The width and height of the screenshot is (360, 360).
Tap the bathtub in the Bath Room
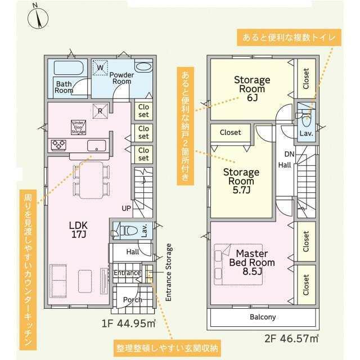69,67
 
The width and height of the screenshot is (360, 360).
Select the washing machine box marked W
100,67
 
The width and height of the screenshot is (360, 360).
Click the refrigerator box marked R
100,111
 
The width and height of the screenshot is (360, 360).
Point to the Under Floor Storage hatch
79,127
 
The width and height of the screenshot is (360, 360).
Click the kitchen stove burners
58,145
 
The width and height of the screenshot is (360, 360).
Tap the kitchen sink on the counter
96,146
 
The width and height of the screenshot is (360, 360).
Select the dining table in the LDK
91,180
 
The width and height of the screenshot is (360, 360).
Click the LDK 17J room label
79,229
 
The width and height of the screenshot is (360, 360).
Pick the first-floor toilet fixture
125,231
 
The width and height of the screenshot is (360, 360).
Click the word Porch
133,300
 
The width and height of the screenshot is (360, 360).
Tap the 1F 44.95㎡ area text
129,323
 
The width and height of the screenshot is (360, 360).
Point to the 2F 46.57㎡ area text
291,339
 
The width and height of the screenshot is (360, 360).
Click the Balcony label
263,317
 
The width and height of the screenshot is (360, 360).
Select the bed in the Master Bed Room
238,264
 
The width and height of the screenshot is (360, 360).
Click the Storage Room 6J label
252,89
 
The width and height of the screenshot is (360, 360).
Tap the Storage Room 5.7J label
241,181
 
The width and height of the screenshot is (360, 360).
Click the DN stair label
289,154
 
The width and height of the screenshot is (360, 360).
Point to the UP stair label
126,209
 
